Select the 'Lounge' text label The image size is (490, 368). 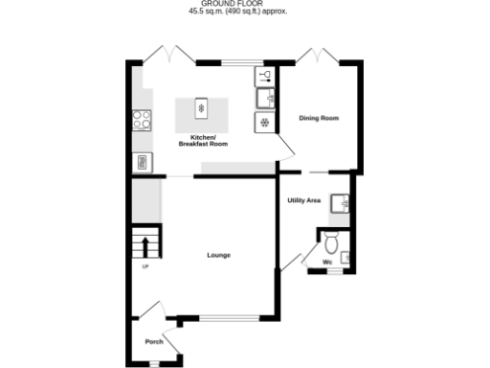coord(218,255)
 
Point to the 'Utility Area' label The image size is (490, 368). coord(303,200)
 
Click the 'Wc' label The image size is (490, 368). coord(327,261)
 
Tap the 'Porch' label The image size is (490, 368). coord(153,342)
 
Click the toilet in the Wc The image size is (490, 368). coord(331,239)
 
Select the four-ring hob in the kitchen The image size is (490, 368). coord(143,121)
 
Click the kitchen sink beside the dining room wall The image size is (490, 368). coord(264,97)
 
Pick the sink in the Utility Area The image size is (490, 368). coord(340,202)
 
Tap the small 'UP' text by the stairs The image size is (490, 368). coord(144,265)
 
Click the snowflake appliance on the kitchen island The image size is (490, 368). coord(201,108)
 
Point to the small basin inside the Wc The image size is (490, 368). coord(345,256)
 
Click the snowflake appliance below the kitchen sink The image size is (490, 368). coord(263,122)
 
